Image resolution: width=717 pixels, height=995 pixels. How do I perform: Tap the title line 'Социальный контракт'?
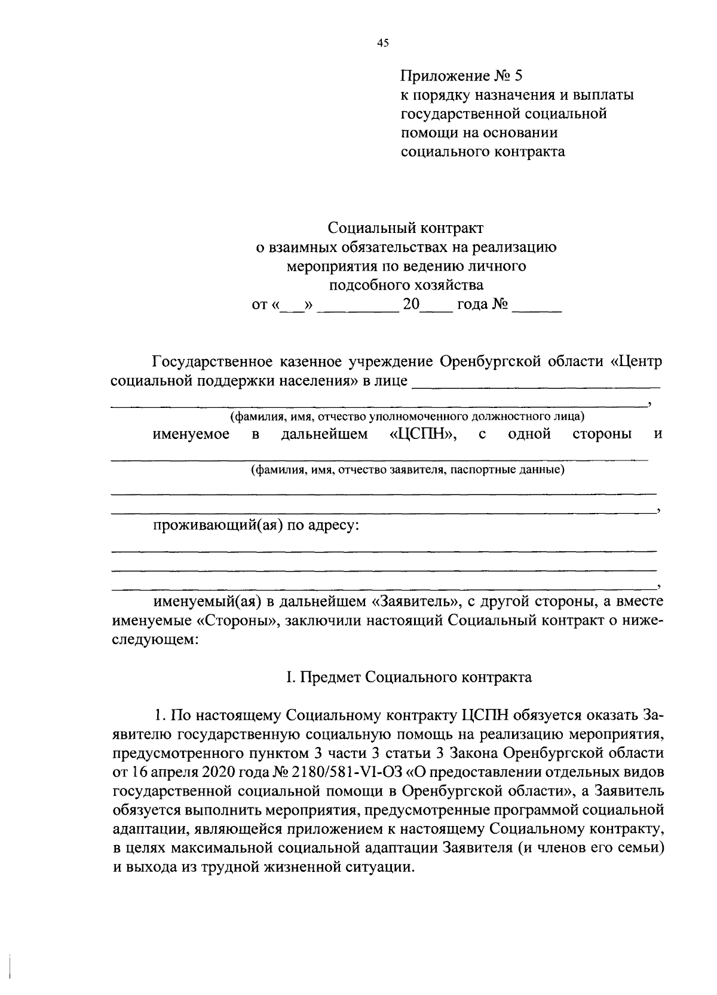click(x=406, y=228)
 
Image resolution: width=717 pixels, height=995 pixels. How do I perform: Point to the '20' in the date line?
click(x=410, y=305)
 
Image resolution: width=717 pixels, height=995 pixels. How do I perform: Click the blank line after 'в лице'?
click(x=536, y=382)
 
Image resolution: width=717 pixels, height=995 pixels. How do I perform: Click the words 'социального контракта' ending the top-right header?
click(x=482, y=151)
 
